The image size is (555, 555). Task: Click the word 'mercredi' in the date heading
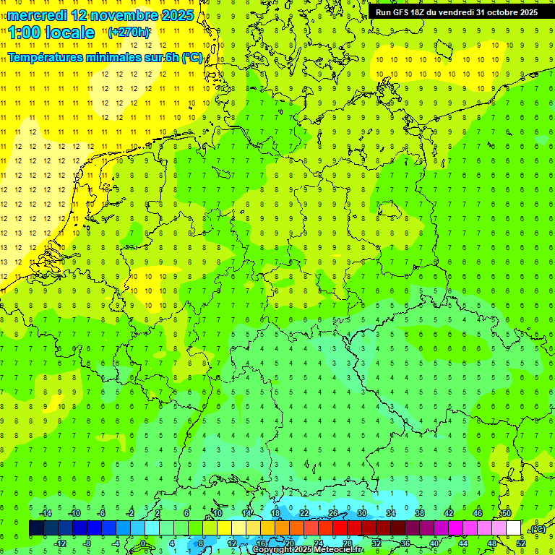(37, 15)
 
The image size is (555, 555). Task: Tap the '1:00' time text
(24, 33)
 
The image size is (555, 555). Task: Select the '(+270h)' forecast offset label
(129, 33)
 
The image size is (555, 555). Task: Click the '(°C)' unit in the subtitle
(192, 58)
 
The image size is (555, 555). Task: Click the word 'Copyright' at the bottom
(272, 550)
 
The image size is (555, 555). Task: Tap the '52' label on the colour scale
(520, 543)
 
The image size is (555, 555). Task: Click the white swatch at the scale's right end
(513, 528)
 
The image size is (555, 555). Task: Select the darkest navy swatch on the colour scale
(36, 528)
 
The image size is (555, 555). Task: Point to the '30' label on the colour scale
(361, 513)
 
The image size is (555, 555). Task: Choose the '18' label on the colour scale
(275, 513)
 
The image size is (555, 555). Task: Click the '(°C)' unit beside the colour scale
(537, 529)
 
